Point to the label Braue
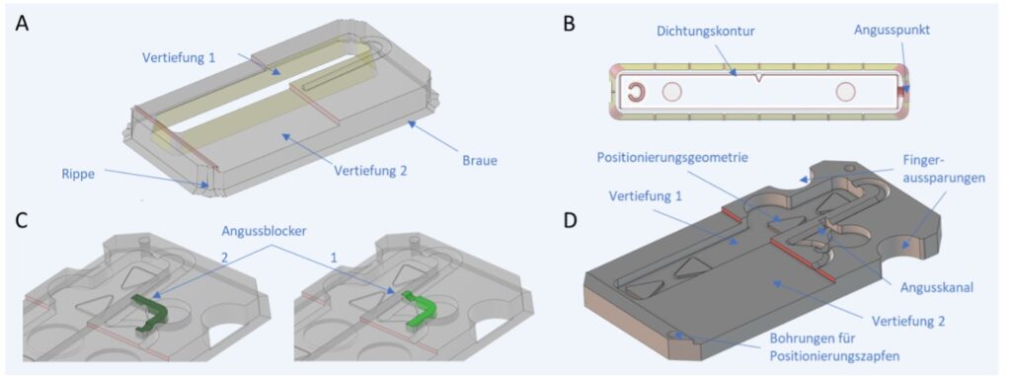coord(480,161)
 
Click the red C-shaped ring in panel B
coord(633,94)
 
